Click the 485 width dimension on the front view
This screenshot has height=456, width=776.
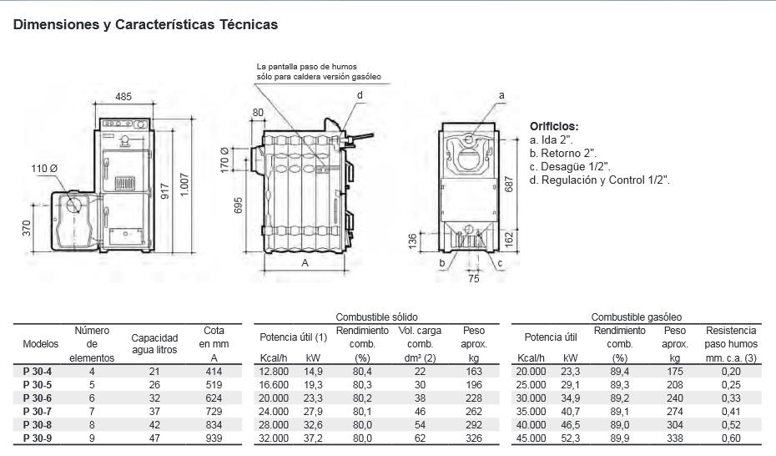click(123, 97)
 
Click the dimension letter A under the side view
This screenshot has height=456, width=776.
click(305, 262)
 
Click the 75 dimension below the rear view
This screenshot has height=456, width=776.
click(474, 280)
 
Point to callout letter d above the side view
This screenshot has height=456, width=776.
click(360, 95)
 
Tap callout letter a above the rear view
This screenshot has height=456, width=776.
click(501, 95)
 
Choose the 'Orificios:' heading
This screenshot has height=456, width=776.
click(554, 126)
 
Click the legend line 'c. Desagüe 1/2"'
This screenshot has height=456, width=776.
click(570, 166)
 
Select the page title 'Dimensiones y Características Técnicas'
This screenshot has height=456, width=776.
click(145, 25)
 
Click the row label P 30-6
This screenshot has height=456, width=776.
click(38, 398)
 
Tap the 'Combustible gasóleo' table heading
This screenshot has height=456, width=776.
click(636, 317)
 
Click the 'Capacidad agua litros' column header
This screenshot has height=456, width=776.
click(154, 344)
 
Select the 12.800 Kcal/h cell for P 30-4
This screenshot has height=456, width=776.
click(274, 371)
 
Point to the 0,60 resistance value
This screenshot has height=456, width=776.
click(730, 438)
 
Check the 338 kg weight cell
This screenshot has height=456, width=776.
click(674, 438)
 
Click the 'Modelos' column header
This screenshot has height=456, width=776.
click(41, 344)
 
